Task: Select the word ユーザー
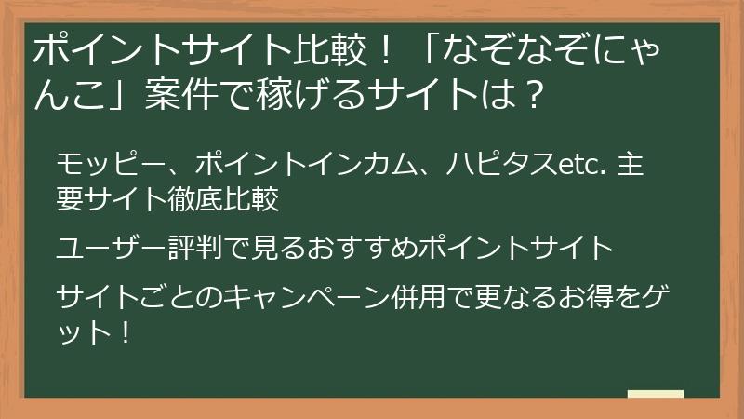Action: (x=112, y=248)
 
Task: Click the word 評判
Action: (x=198, y=248)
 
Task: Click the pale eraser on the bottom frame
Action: (x=655, y=395)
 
